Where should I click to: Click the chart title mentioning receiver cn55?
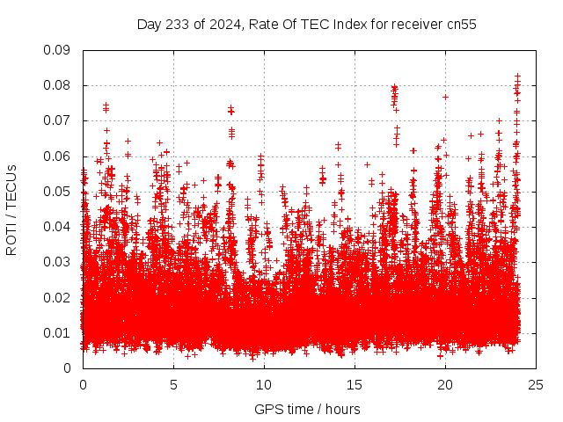click(306, 25)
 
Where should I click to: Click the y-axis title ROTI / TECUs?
click(12, 209)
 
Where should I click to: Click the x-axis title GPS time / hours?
click(306, 409)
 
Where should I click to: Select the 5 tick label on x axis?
click(173, 384)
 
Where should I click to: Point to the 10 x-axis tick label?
click(264, 384)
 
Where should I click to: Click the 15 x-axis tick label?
click(355, 384)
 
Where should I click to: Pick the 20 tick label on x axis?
click(445, 384)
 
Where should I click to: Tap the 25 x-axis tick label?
click(536, 384)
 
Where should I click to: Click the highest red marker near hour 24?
click(517, 76)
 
